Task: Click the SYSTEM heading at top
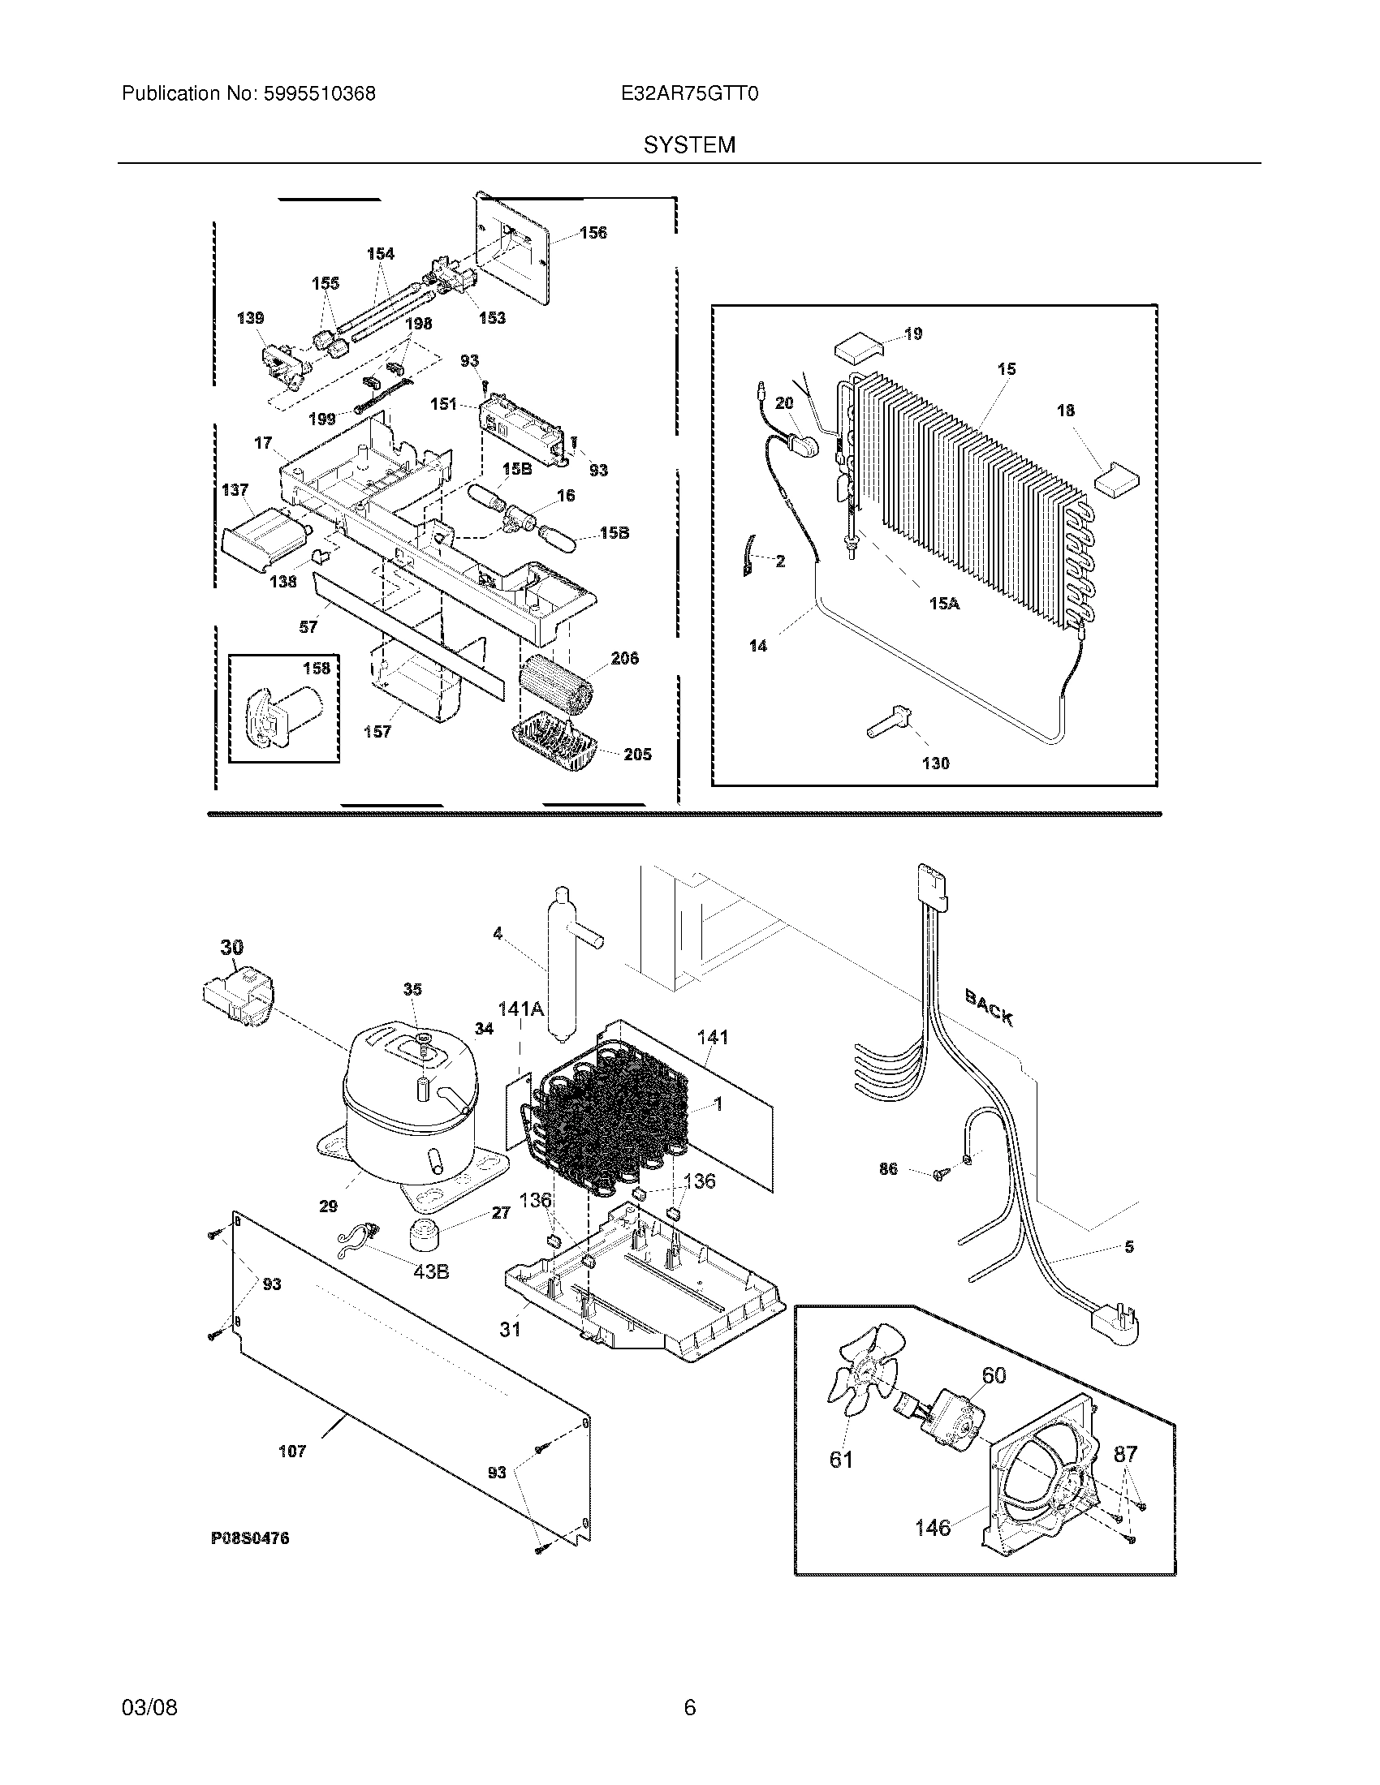(688, 145)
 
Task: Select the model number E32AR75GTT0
(689, 94)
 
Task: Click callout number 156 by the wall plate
(593, 233)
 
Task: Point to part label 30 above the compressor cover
(231, 947)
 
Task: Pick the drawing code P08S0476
(250, 1538)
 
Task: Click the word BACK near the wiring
(990, 1007)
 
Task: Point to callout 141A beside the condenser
(521, 1009)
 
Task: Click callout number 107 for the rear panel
(292, 1452)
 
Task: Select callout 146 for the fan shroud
(932, 1527)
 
